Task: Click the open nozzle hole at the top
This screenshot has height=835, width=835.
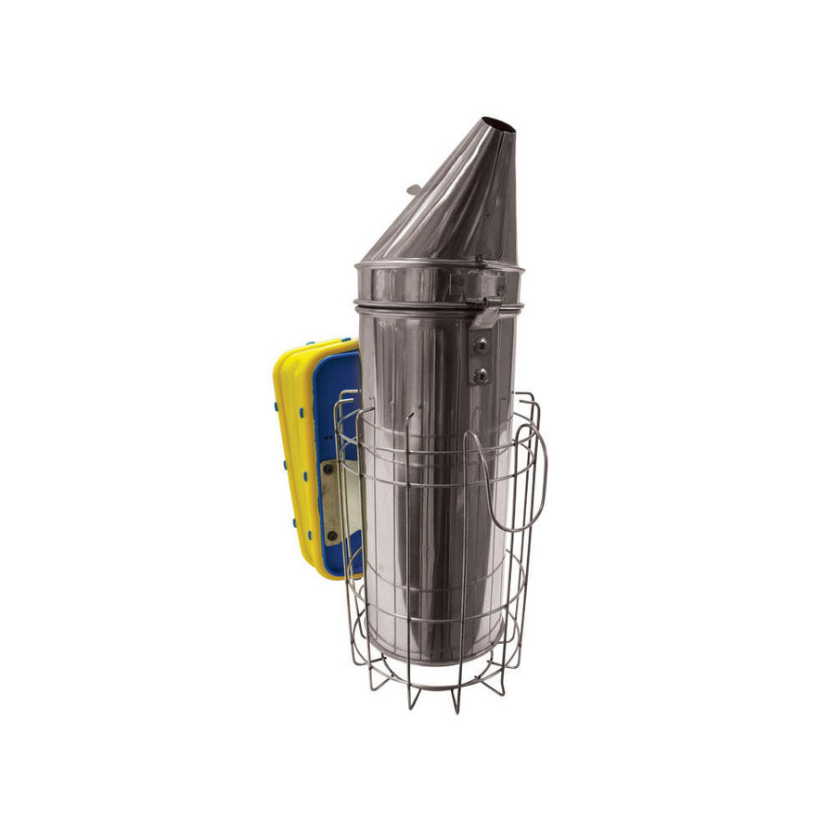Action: (x=499, y=124)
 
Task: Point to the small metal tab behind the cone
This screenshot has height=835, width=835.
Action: (x=414, y=190)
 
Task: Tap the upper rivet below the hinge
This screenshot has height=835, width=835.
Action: (x=481, y=345)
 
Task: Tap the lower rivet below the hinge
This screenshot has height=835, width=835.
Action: (x=481, y=376)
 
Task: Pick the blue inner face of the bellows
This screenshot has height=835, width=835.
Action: (x=339, y=390)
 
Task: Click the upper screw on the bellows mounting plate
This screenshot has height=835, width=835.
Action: (x=328, y=469)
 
